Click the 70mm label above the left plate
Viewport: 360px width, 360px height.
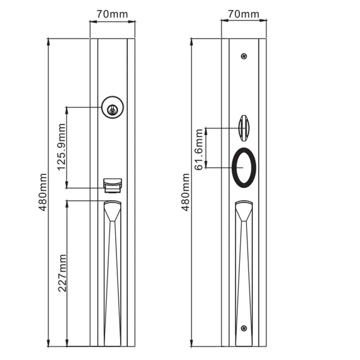(x=112, y=13)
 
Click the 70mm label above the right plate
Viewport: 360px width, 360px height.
(x=243, y=13)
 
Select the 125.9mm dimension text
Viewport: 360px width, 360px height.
(x=61, y=148)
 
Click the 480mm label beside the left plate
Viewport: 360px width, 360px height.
(x=43, y=192)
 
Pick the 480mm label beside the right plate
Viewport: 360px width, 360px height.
(x=185, y=192)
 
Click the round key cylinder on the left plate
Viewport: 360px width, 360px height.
(x=113, y=107)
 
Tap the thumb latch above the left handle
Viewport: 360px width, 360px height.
(x=113, y=185)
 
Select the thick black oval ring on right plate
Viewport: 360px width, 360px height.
(x=244, y=167)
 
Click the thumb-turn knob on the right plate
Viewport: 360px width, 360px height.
(x=244, y=128)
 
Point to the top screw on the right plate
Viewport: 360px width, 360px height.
(x=244, y=56)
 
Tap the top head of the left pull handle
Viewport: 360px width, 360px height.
(x=113, y=211)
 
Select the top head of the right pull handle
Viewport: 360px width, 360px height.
(x=244, y=211)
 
